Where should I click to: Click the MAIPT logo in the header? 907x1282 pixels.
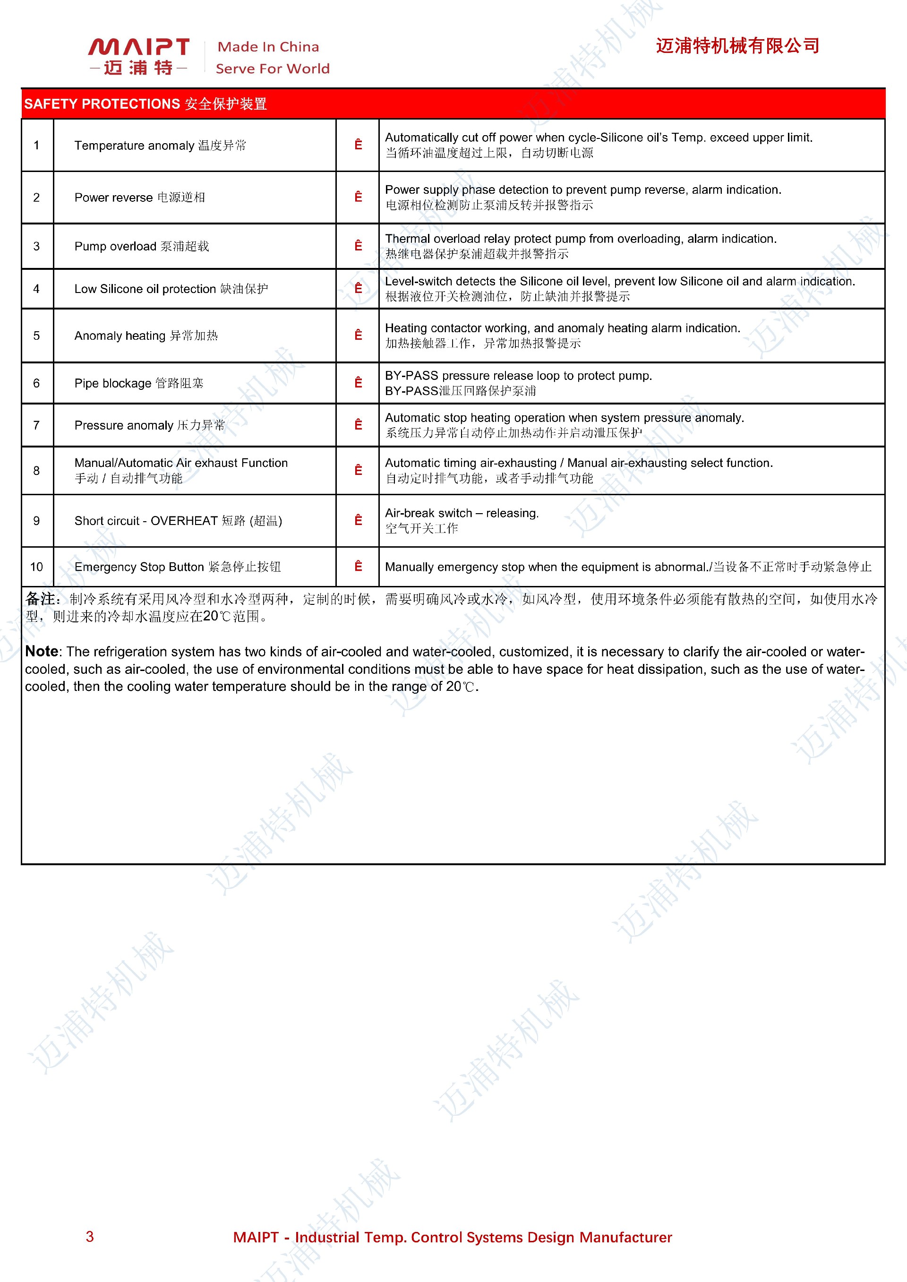point(138,56)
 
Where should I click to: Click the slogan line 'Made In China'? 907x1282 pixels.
point(268,47)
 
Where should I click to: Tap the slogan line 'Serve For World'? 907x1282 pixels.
point(273,69)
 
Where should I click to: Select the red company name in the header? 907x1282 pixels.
point(737,46)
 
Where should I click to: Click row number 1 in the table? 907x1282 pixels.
point(37,145)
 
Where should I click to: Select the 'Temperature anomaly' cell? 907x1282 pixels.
point(160,145)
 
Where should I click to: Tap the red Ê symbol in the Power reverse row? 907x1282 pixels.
point(358,197)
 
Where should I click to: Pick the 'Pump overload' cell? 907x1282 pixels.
point(142,246)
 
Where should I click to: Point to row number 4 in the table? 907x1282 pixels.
point(37,289)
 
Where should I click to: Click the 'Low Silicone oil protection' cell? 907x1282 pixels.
point(171,289)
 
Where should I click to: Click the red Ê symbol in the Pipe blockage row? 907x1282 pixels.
point(358,383)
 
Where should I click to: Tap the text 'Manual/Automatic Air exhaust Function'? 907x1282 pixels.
point(181,463)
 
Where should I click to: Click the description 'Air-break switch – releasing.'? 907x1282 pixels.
point(462,513)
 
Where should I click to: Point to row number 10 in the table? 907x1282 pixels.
point(37,567)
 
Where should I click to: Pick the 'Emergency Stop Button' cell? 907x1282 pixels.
point(178,567)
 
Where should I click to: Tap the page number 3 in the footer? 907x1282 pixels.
point(90,1237)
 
